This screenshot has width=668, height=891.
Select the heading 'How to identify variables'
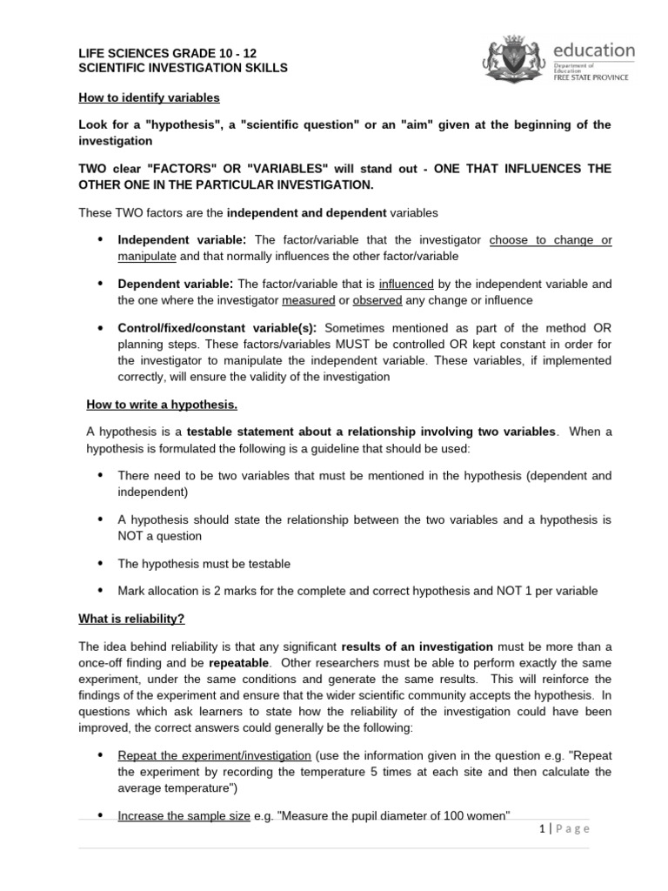coord(149,97)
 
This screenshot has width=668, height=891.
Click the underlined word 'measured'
coord(308,300)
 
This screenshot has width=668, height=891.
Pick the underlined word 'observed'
coord(377,300)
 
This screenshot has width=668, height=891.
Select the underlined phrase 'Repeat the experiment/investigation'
coord(215,754)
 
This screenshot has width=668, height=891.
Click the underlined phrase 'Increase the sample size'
coord(184,815)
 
